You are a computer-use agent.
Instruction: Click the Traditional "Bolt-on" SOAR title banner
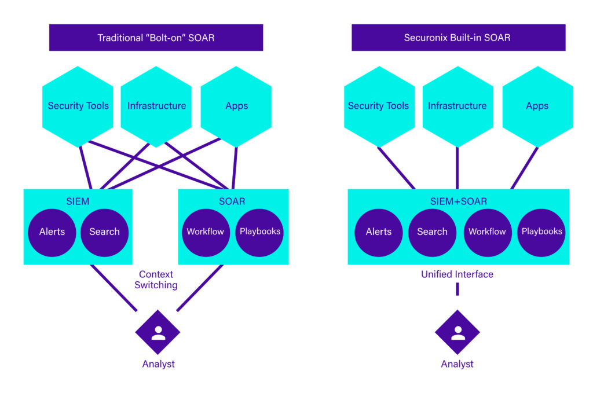[x=156, y=38]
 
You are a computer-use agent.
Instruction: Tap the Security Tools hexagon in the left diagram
[x=78, y=106]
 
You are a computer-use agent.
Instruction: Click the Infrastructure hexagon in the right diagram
[x=457, y=106]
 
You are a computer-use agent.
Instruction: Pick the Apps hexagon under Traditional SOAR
[x=236, y=106]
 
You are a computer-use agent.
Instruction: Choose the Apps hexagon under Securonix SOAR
[x=537, y=106]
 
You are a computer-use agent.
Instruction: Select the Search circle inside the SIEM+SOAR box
[x=432, y=232]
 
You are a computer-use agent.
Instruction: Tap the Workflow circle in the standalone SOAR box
[x=205, y=232]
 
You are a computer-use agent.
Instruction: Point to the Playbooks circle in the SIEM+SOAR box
[x=541, y=232]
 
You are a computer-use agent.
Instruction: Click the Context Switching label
[x=156, y=280]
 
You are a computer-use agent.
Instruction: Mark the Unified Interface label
[x=457, y=274]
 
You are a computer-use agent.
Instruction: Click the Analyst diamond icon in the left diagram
[x=158, y=332]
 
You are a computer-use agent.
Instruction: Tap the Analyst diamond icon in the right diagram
[x=457, y=332]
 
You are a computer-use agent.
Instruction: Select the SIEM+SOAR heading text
[x=457, y=201]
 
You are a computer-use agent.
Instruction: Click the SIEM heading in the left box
[x=78, y=201]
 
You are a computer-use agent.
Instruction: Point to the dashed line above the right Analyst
[x=457, y=289]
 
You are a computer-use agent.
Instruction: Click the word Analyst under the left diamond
[x=158, y=364]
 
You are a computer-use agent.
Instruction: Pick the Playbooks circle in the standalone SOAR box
[x=260, y=232]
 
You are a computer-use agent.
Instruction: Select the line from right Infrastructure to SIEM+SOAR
[x=457, y=168]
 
